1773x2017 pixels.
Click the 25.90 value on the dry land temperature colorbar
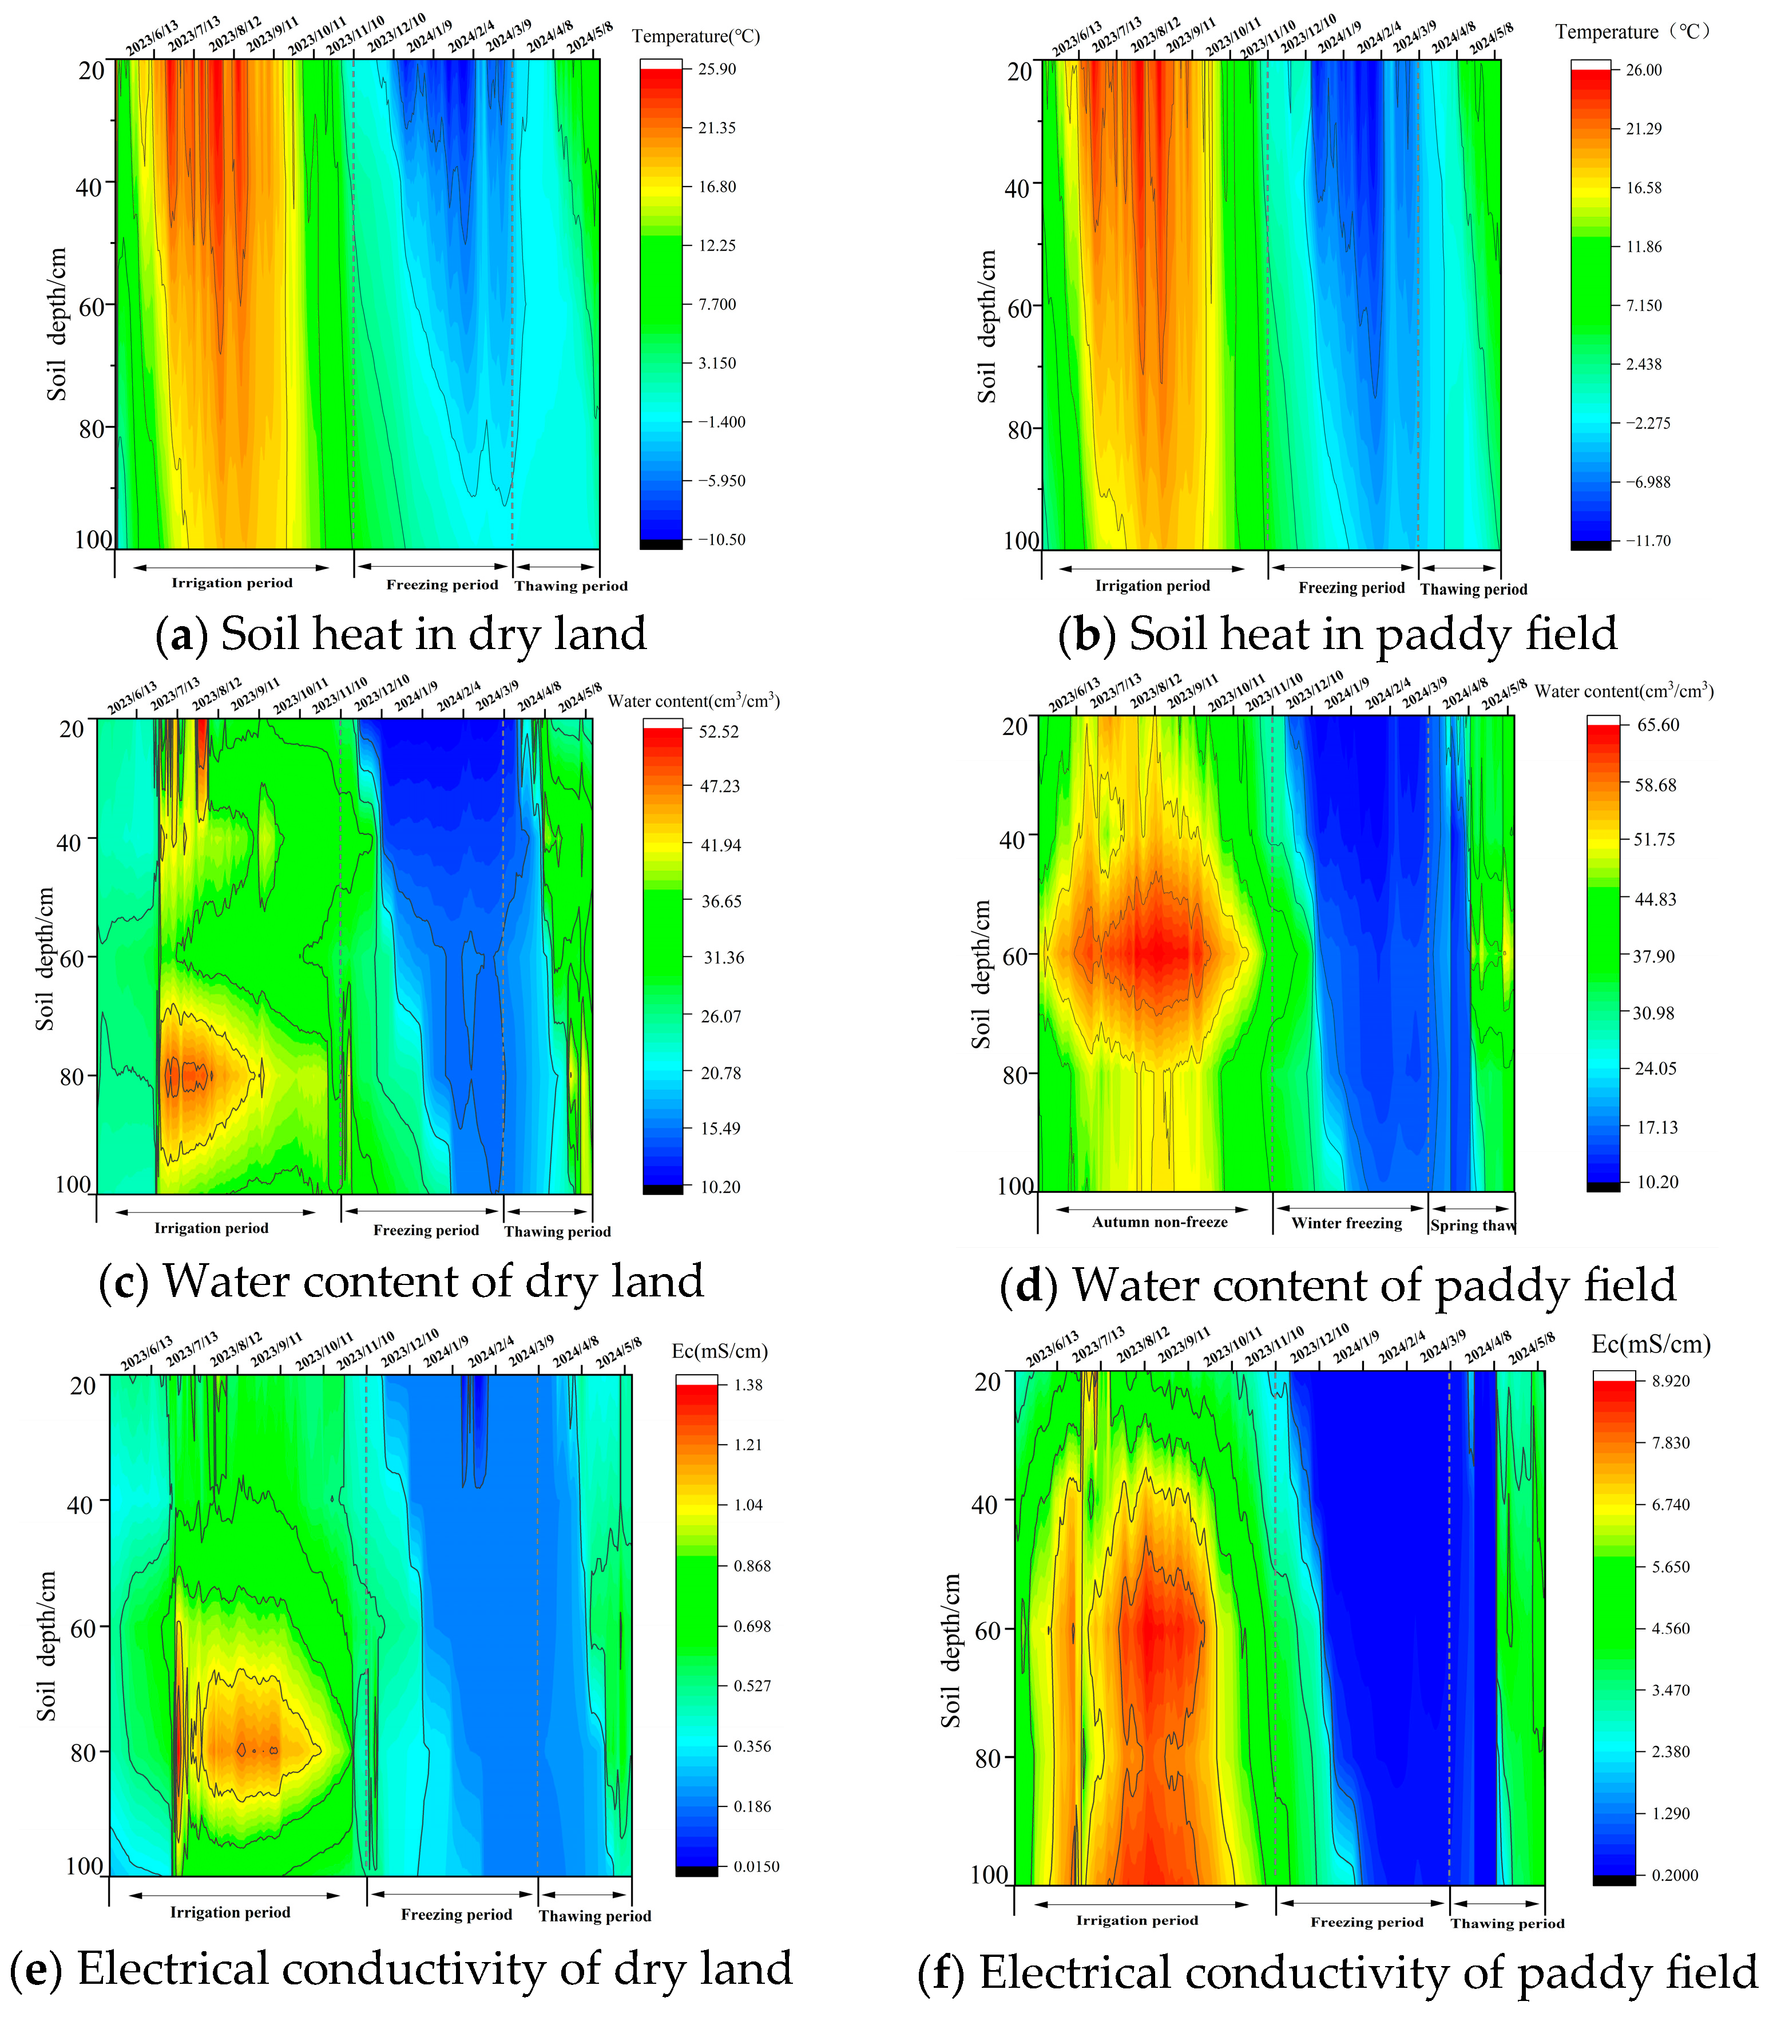tap(717, 69)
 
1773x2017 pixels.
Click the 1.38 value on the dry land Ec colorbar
tap(748, 1385)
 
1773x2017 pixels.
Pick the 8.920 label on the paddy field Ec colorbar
tap(1671, 1381)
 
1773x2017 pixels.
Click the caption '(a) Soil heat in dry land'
tap(400, 634)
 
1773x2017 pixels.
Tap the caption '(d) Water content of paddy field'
tap(1338, 1285)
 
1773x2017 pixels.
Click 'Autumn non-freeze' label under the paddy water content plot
tap(1159, 1221)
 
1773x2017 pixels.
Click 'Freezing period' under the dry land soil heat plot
tap(442, 584)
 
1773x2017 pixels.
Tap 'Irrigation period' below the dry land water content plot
tap(211, 1228)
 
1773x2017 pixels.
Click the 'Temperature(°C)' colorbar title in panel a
tap(696, 37)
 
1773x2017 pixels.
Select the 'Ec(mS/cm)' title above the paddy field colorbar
tap(1651, 1344)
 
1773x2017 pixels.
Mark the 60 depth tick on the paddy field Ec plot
tap(987, 1629)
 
